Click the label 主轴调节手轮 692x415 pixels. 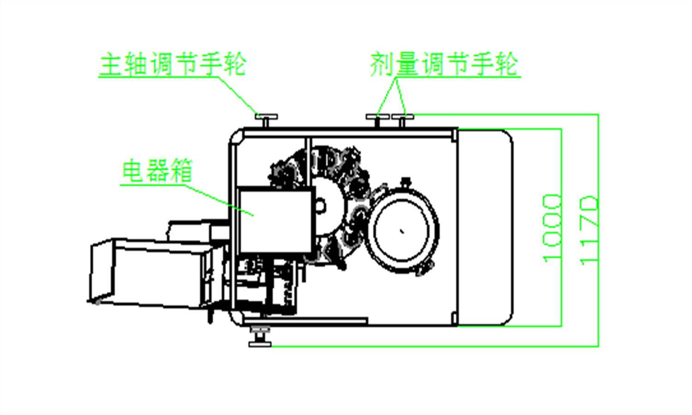pyautogui.click(x=173, y=64)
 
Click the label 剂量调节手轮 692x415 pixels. pyautogui.click(x=444, y=64)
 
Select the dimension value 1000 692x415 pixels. pyautogui.click(x=552, y=228)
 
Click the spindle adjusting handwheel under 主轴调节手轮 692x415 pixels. pyautogui.click(x=266, y=120)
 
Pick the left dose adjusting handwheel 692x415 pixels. pyautogui.click(x=377, y=120)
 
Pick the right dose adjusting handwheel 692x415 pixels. pyautogui.click(x=402, y=120)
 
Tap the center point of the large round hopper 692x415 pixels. pyautogui.click(x=402, y=231)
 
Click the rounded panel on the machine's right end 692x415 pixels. pyautogui.click(x=485, y=228)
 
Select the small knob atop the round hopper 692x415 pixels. pyautogui.click(x=406, y=182)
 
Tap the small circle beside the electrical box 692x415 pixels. pyautogui.click(x=320, y=205)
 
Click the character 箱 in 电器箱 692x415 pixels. pyautogui.click(x=181, y=171)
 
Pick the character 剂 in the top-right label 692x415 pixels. pyautogui.click(x=382, y=64)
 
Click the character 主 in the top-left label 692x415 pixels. pyautogui.click(x=111, y=64)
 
